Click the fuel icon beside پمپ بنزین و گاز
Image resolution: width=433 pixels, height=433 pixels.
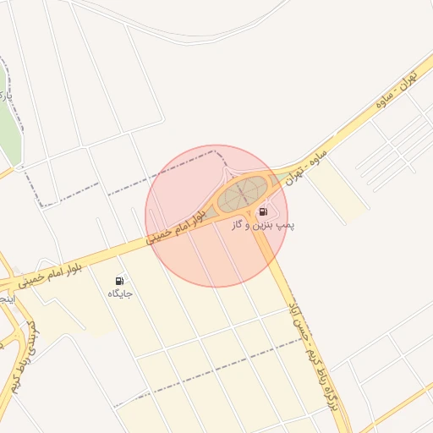tap(263, 211)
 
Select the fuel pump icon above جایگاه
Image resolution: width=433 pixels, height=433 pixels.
tap(119, 281)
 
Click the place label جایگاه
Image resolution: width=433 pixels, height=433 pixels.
tap(119, 293)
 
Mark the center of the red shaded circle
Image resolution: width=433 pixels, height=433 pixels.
tap(216, 216)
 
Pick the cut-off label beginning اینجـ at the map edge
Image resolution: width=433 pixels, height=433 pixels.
tap(5, 299)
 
